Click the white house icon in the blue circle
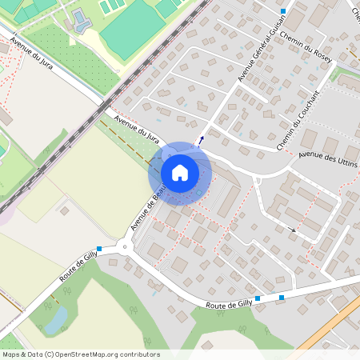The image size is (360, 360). coord(180,172)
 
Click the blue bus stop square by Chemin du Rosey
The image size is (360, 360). coord(283,11)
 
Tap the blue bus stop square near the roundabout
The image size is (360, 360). coord(99,249)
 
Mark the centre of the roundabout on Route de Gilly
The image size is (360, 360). coord(124,246)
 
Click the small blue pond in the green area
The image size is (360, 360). coord(56,320)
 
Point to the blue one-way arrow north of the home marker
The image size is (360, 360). coord(201,138)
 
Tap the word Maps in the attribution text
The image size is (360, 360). coord(11,354)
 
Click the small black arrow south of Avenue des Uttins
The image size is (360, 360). coord(293,230)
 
